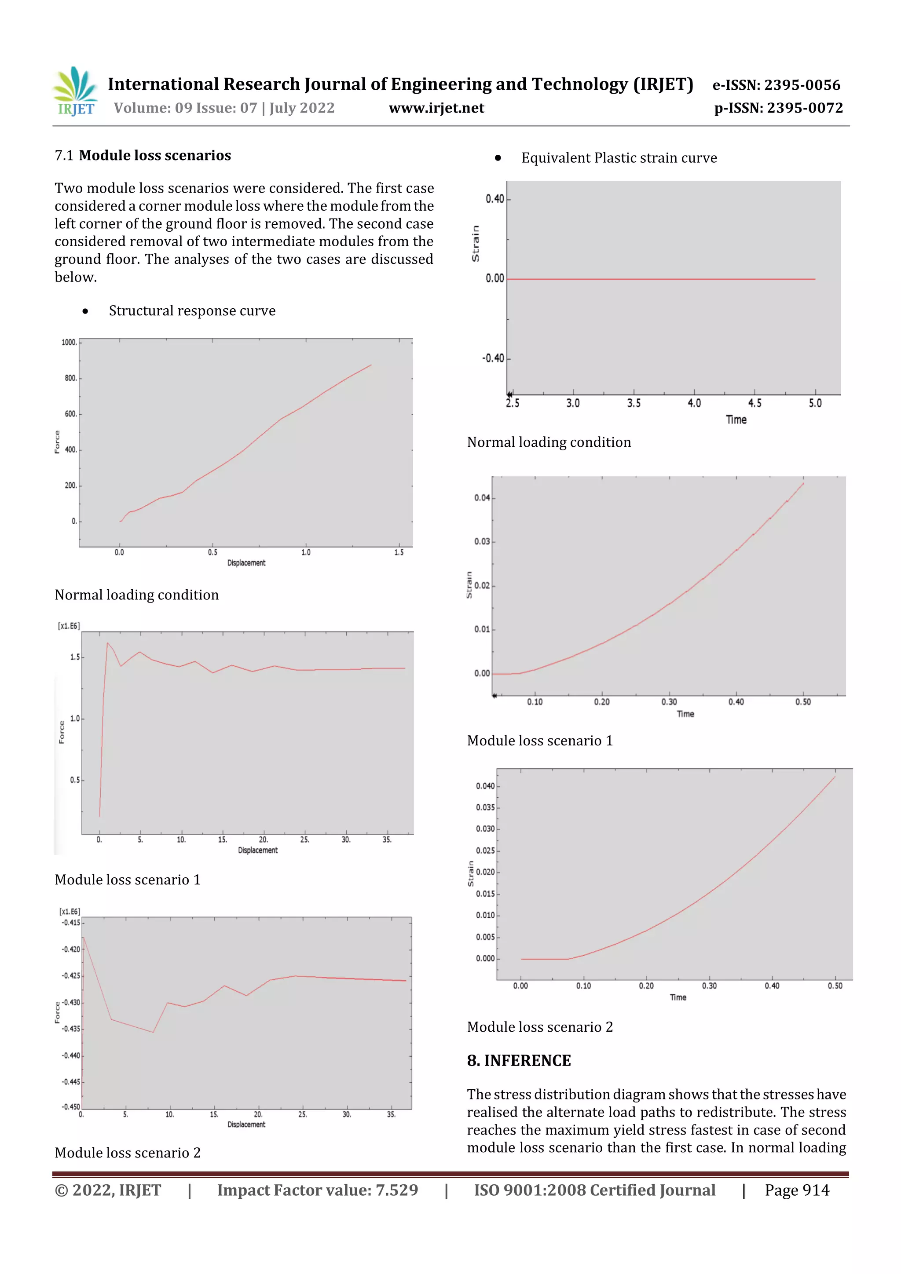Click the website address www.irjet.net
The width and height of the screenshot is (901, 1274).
tap(436, 108)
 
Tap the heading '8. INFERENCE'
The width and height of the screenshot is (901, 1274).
tap(519, 1060)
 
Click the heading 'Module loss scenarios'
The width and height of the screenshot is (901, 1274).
tap(155, 155)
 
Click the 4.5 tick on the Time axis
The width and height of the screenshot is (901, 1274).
tap(754, 403)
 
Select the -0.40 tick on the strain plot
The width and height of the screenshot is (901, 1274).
tap(494, 358)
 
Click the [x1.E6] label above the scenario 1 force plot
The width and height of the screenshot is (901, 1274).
tap(69, 626)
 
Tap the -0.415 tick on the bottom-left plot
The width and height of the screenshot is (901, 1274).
tap(71, 922)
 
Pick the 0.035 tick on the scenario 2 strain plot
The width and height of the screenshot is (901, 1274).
tap(485, 807)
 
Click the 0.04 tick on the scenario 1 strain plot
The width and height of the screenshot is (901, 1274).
tap(482, 498)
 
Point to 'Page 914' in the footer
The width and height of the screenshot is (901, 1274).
tap(797, 1190)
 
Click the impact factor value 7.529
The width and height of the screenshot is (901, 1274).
tap(396, 1190)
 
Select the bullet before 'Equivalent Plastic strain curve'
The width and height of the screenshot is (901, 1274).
tap(498, 159)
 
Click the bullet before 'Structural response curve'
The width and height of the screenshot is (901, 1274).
tap(85, 311)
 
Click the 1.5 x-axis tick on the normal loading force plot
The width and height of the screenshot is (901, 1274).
tap(399, 553)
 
